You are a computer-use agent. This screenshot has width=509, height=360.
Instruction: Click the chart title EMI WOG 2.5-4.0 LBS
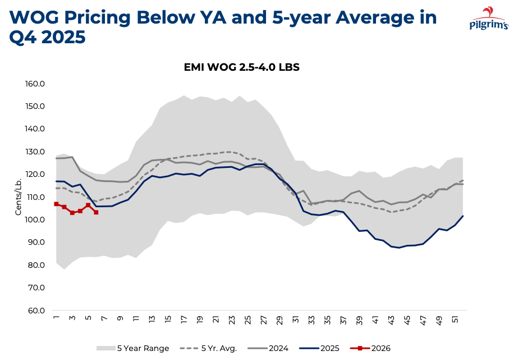click(242, 67)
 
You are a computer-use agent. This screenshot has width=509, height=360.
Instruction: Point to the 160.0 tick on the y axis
click(35, 84)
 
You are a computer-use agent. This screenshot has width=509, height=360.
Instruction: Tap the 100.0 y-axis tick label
click(35, 220)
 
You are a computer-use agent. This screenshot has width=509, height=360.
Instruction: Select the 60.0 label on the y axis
click(35, 310)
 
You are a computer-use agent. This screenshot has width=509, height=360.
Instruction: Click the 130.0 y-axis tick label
click(35, 152)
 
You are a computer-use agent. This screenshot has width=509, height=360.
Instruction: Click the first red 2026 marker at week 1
click(56, 204)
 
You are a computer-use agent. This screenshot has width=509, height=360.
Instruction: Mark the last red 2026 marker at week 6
click(96, 212)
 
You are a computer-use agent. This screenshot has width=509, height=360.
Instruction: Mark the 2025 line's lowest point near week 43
click(399, 248)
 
